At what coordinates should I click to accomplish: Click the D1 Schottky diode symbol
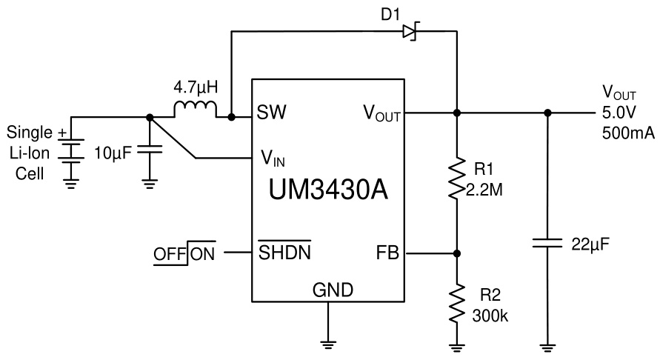[410, 31]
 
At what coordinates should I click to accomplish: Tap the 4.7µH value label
[196, 87]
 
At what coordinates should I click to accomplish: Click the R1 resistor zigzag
[456, 178]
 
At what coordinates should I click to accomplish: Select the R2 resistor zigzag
[456, 301]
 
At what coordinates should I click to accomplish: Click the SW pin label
[272, 113]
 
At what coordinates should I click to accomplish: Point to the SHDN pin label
[284, 253]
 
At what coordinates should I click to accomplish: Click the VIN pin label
[273, 159]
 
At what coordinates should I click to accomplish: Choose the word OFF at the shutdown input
[170, 253]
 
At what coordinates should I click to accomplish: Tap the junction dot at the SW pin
[231, 117]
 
